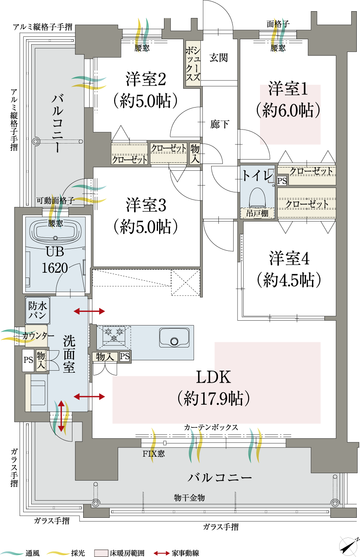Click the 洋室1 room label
[288, 89]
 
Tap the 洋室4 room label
[289, 259]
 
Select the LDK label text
[214, 377]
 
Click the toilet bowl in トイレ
[258, 198]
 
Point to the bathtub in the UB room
[55, 232]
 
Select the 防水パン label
[37, 310]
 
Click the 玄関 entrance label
[218, 58]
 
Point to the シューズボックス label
[192, 64]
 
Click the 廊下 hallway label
[219, 124]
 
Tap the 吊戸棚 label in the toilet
[257, 213]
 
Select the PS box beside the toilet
[282, 180]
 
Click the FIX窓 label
[154, 454]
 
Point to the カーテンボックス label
[211, 427]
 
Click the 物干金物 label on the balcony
[189, 497]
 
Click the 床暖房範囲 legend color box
[101, 553]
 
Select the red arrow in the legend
[162, 553]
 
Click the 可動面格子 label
[56, 201]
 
